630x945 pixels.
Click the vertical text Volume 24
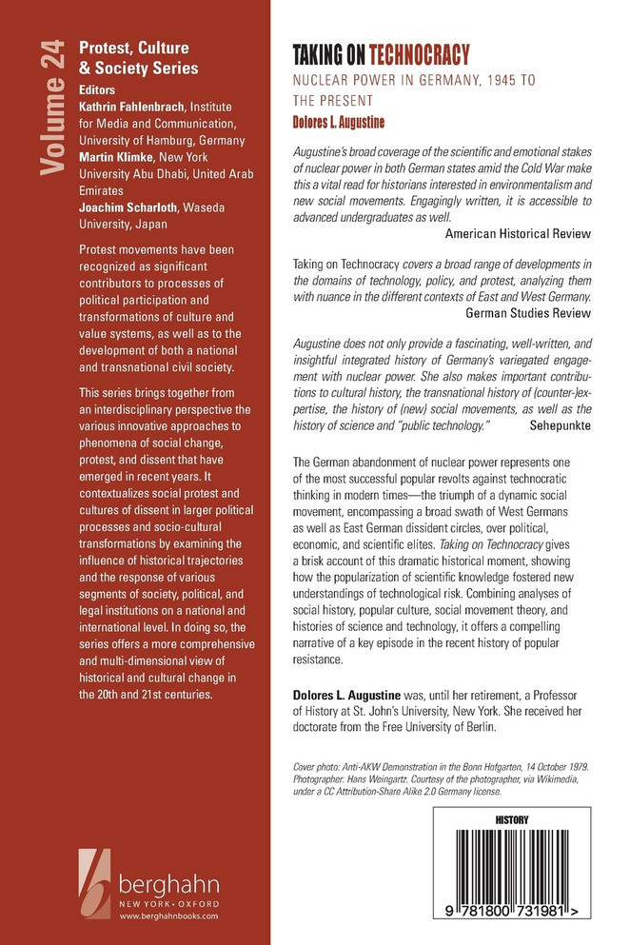(x=53, y=106)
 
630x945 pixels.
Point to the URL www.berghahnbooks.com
(x=168, y=915)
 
